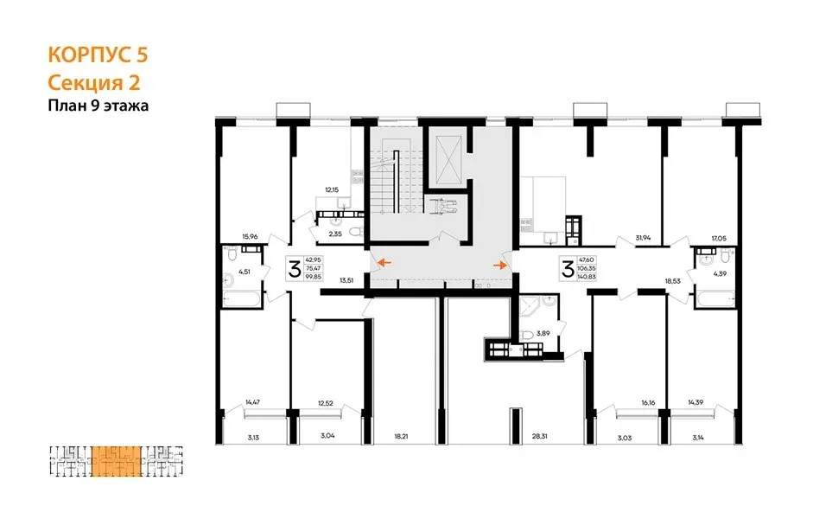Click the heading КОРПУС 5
click(98, 55)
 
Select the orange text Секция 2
click(94, 83)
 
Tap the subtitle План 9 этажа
click(98, 106)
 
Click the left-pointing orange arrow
click(384, 263)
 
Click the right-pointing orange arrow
click(500, 266)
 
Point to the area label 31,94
click(643, 238)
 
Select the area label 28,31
click(540, 437)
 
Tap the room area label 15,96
click(250, 237)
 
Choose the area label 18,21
click(401, 437)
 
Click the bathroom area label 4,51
click(245, 271)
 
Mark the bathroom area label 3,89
click(543, 333)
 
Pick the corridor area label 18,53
click(672, 281)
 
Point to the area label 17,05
click(719, 239)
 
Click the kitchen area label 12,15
click(332, 190)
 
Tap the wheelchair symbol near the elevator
click(441, 207)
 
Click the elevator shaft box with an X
click(448, 159)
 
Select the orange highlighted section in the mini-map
click(116, 461)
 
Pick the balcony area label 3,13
click(253, 438)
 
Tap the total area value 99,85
click(314, 277)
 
